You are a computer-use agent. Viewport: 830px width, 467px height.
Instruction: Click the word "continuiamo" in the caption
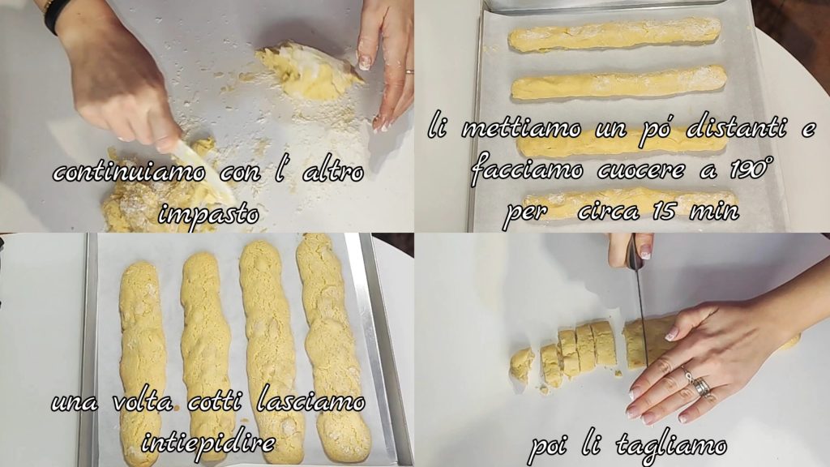129,172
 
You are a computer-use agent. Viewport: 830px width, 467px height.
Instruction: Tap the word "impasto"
208,214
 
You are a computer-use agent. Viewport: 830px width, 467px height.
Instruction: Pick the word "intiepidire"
208,442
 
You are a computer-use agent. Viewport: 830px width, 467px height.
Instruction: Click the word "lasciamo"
311,402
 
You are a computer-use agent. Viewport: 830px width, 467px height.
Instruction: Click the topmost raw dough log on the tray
614,34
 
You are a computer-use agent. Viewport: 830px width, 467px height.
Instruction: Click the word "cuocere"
641,170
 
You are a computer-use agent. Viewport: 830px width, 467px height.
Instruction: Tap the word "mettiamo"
521,129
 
